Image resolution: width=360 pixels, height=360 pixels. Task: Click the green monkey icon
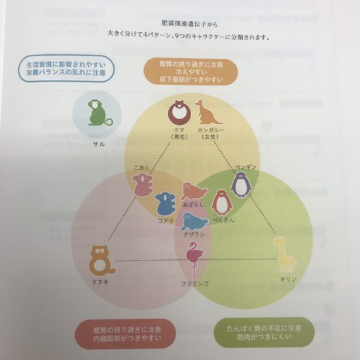coord(100,113)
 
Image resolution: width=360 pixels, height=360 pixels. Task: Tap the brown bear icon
coord(179,113)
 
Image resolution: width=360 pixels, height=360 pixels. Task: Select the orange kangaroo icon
coord(208,113)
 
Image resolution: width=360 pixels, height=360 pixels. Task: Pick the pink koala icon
coord(143,185)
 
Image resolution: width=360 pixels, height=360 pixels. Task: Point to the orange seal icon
coord(194,191)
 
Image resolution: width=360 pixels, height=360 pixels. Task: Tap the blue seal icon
coord(194,221)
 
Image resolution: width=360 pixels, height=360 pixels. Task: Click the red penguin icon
coord(221,203)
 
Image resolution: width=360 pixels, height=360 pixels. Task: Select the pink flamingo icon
coord(194,259)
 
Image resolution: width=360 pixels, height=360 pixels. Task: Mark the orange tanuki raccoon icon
coord(101,261)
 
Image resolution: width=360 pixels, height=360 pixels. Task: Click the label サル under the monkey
coord(99,144)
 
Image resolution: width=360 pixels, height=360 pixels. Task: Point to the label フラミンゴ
coord(195,284)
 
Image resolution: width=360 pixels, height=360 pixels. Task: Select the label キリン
coord(289,279)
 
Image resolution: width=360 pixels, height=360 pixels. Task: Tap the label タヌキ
coord(100,282)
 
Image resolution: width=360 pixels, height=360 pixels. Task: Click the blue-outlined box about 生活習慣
coord(66,69)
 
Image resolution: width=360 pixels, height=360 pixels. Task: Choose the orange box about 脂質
coord(190,71)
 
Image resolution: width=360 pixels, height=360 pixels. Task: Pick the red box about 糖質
coord(126,334)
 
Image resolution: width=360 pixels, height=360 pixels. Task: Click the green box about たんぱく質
coord(264,333)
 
